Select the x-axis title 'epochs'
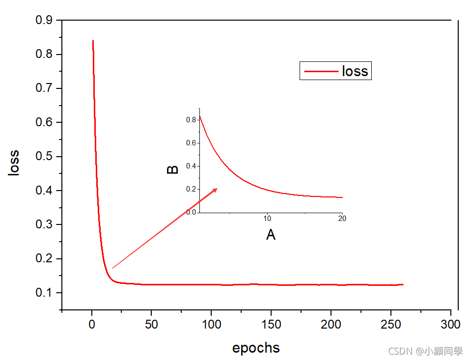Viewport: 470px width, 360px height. pyautogui.click(x=256, y=348)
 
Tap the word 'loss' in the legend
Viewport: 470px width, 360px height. pyautogui.click(x=355, y=71)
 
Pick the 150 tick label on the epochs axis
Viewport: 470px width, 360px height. pyautogui.click(x=271, y=325)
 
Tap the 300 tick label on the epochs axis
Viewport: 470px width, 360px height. pyautogui.click(x=451, y=325)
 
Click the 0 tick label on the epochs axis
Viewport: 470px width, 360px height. pyautogui.click(x=92, y=325)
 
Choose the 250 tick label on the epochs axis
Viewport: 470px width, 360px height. pyautogui.click(x=391, y=325)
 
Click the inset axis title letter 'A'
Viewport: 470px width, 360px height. pyautogui.click(x=271, y=235)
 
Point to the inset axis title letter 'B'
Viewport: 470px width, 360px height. pyautogui.click(x=173, y=169)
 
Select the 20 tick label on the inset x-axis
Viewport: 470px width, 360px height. pyautogui.click(x=342, y=219)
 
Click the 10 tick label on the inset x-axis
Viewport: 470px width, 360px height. pyautogui.click(x=267, y=219)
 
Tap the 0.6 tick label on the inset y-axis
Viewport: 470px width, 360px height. pyautogui.click(x=192, y=143)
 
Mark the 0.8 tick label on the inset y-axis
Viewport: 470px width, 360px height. pyautogui.click(x=192, y=120)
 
